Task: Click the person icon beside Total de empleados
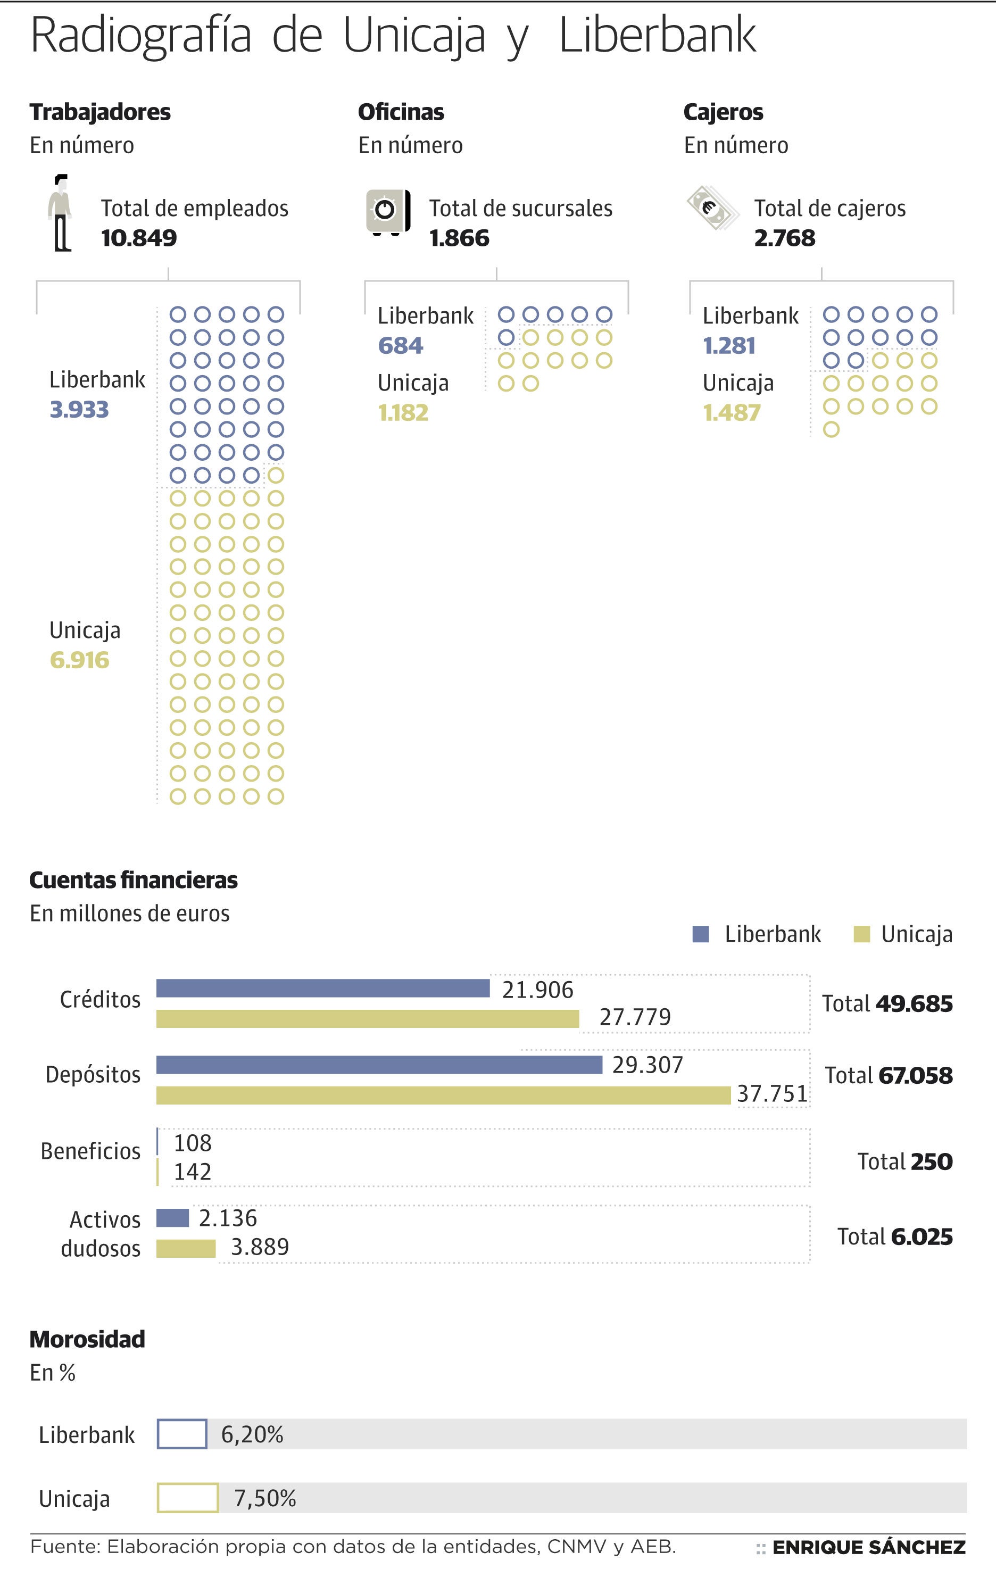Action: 61,213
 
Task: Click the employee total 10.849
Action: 139,238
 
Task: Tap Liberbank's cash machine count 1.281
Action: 729,345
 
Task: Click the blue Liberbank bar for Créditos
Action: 323,988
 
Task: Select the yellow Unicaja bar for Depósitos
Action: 443,1095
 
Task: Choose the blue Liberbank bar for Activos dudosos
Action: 173,1218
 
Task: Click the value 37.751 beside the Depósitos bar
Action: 772,1094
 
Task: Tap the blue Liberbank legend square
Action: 701,934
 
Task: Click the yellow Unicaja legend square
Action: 862,934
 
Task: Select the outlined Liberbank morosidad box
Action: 182,1434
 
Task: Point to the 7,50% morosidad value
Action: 265,1498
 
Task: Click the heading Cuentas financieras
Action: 134,879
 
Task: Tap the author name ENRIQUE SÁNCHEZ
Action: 868,1548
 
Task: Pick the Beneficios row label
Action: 90,1151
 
